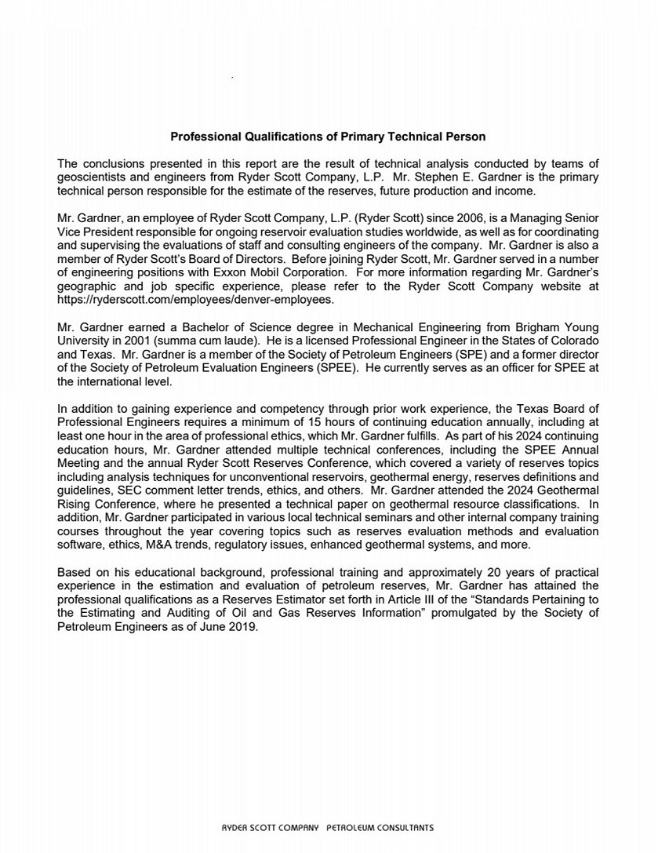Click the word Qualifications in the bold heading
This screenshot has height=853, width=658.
coord(256,137)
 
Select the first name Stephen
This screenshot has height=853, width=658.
coord(449,177)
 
